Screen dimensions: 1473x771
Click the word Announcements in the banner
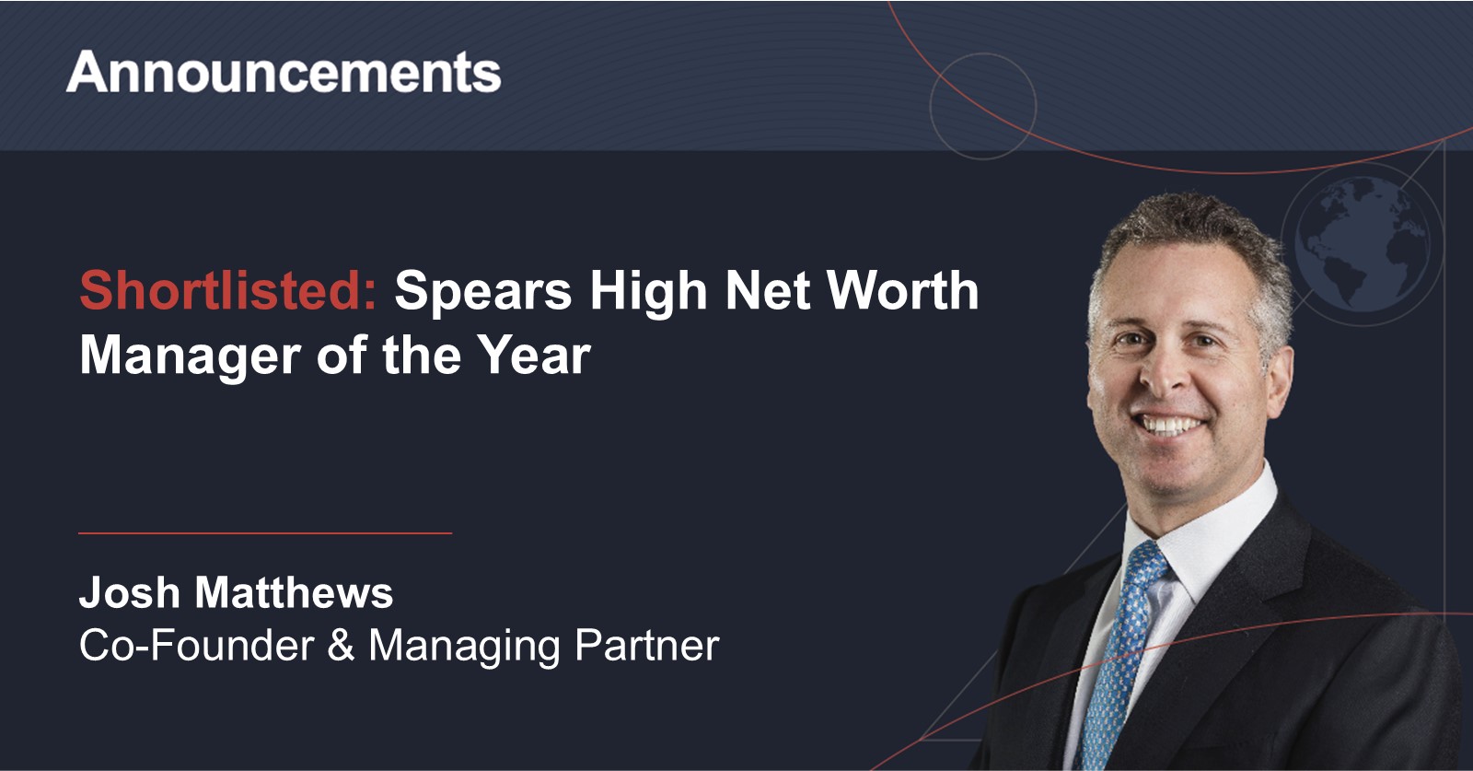pyautogui.click(x=284, y=72)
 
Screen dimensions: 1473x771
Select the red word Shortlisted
pyautogui.click(x=228, y=289)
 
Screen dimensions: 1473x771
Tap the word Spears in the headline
pyautogui.click(x=483, y=292)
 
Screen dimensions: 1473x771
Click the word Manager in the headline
pyautogui.click(x=190, y=356)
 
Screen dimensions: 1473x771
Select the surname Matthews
pyautogui.click(x=294, y=592)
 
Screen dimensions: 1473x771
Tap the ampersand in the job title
pyautogui.click(x=341, y=645)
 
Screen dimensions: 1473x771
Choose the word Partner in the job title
pyautogui.click(x=647, y=646)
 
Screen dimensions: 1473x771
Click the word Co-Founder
pyautogui.click(x=197, y=645)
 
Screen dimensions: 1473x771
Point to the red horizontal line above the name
pyautogui.click(x=265, y=532)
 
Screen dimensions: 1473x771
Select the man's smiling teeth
pyautogui.click(x=1172, y=425)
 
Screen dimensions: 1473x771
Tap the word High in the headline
pyautogui.click(x=648, y=292)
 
